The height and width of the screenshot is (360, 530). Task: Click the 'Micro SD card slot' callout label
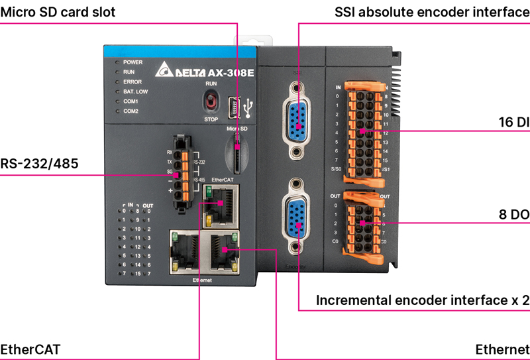tap(58, 12)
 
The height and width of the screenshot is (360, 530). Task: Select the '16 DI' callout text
tap(513, 122)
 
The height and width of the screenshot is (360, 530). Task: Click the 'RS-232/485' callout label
tap(40, 164)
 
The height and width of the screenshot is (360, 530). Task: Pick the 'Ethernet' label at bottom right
tap(502, 349)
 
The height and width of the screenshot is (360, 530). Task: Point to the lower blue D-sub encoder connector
tap(297, 217)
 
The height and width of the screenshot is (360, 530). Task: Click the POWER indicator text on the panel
tap(133, 62)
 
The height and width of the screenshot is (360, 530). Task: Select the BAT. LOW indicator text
tap(136, 91)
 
